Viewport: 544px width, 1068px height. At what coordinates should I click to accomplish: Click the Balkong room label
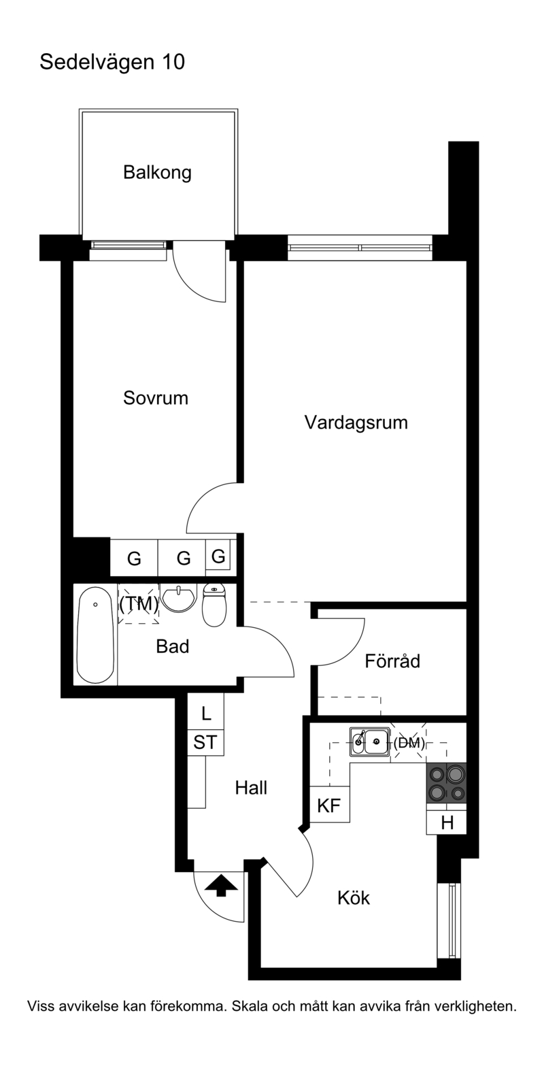pos(157,173)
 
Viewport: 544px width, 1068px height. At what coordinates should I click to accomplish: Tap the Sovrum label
pos(156,398)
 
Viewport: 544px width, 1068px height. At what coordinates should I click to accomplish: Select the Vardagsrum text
pos(356,423)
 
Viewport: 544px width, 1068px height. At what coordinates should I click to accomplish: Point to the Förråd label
pos(392,661)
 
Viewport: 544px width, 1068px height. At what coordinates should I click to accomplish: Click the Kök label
pos(354,898)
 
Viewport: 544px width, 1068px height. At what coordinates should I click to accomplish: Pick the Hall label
pos(251,788)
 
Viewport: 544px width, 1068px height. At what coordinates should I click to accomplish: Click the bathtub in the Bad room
pos(96,635)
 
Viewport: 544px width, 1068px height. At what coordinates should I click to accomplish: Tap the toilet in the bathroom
pos(215,605)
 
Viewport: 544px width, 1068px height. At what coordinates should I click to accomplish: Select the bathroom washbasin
pos(179,597)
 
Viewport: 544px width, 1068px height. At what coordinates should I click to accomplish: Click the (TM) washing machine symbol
pos(138,604)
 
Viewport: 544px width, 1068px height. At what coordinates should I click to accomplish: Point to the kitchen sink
pos(369,741)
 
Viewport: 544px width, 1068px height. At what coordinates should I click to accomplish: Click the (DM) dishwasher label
pos(409,743)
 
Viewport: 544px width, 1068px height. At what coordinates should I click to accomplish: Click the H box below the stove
pos(446,822)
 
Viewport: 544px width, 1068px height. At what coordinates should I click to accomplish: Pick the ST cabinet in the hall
pos(205,742)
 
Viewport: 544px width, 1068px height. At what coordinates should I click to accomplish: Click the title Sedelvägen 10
pos(112,63)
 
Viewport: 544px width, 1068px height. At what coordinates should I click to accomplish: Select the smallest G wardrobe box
pos(218,556)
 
